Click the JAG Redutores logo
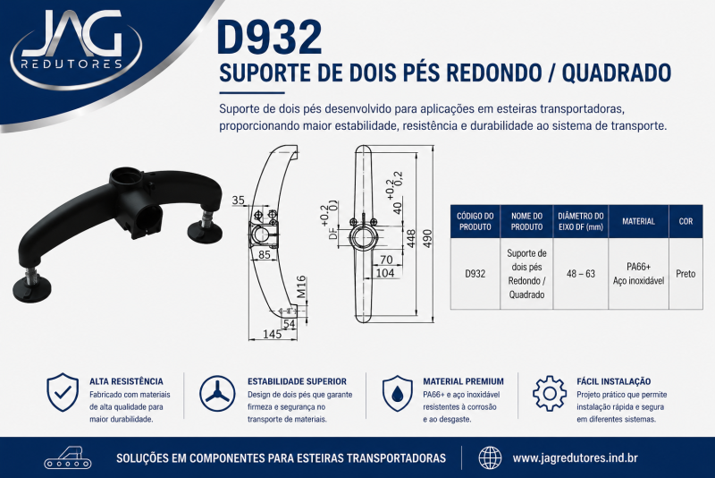(x=76, y=48)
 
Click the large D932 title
(x=270, y=38)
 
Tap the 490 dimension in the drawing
(x=427, y=238)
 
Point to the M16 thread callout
(x=301, y=287)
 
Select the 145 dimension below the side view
(x=273, y=334)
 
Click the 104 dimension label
(x=385, y=272)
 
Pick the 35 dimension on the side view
(x=238, y=200)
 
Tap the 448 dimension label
(x=411, y=238)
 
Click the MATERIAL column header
(x=638, y=221)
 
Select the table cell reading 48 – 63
(x=580, y=274)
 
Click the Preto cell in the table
(x=686, y=274)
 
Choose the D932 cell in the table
(x=475, y=274)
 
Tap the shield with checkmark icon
(x=63, y=393)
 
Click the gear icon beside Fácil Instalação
(x=550, y=393)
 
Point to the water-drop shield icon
(x=397, y=394)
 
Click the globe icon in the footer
(x=490, y=457)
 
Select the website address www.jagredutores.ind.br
(x=575, y=458)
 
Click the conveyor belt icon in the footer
(x=68, y=457)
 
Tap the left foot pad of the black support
(x=31, y=289)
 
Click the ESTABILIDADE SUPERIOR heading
(x=297, y=381)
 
